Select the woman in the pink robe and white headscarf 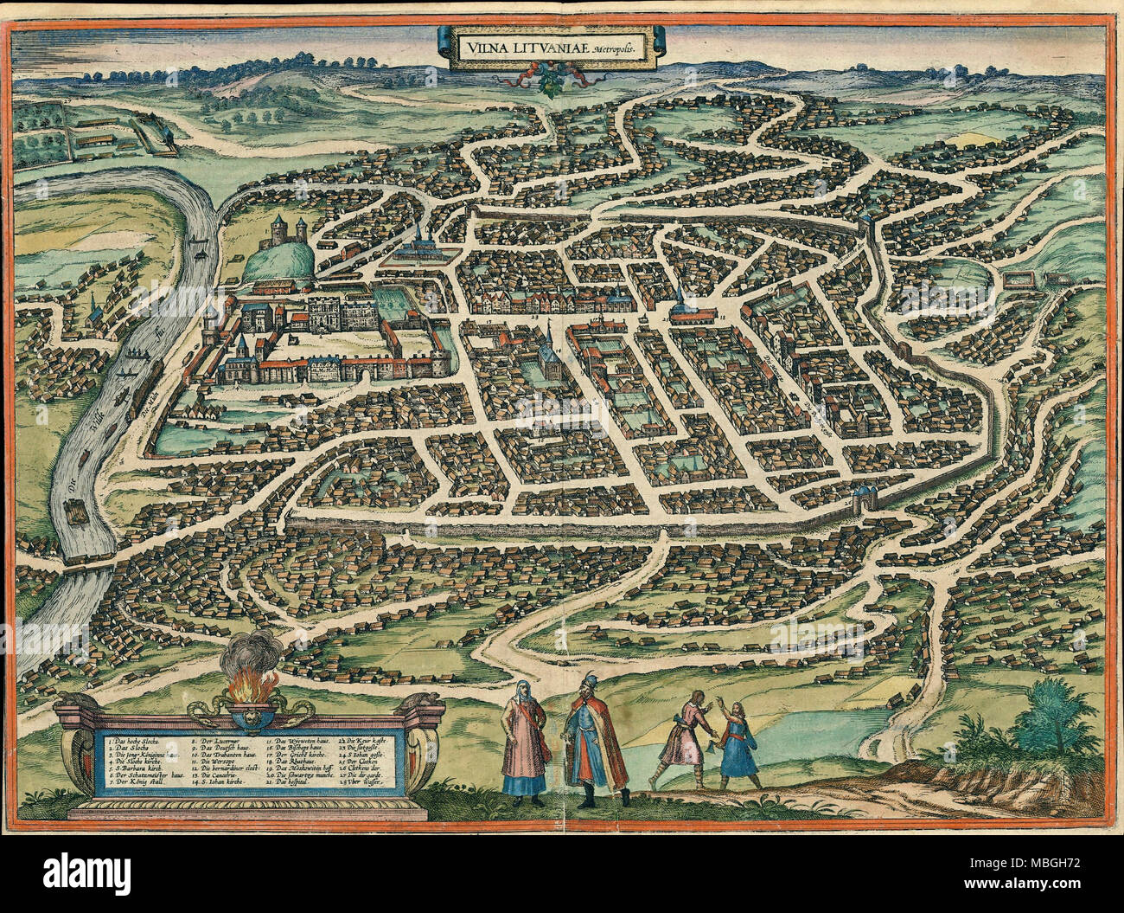(525, 736)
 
